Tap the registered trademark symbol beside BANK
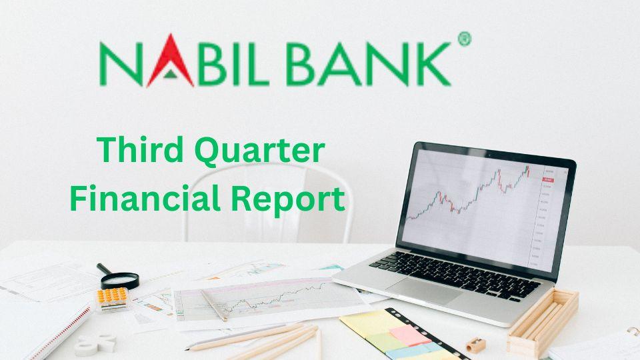click(x=465, y=39)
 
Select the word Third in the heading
click(x=140, y=149)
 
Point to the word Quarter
click(x=259, y=151)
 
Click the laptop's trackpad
click(x=425, y=290)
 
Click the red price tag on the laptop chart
click(x=548, y=179)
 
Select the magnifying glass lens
click(x=120, y=281)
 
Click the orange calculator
click(x=113, y=299)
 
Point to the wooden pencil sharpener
click(x=475, y=345)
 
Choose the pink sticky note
click(x=410, y=335)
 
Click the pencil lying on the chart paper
click(x=214, y=306)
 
